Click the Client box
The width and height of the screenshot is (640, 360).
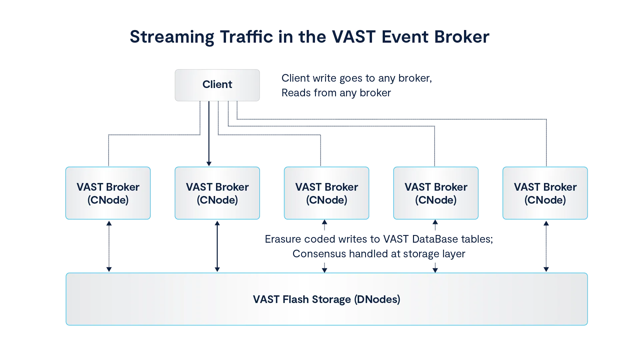[217, 85]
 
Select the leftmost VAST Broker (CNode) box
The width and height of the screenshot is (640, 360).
[108, 193]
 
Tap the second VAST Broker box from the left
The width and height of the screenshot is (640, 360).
[217, 193]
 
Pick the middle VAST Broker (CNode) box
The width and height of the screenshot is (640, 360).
[326, 193]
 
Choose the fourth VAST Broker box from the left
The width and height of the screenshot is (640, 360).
[436, 193]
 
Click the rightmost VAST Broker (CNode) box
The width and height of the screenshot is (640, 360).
[545, 193]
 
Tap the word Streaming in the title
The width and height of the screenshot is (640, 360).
[171, 37]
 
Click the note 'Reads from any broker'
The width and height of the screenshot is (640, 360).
[335, 94]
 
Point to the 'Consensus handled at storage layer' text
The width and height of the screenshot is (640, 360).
[378, 254]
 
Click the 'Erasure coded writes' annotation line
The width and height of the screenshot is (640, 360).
[378, 239]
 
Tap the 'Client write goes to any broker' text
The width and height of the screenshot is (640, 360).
[356, 79]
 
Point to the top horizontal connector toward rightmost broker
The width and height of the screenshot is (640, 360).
[392, 118]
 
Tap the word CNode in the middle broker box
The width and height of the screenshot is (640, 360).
[326, 200]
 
